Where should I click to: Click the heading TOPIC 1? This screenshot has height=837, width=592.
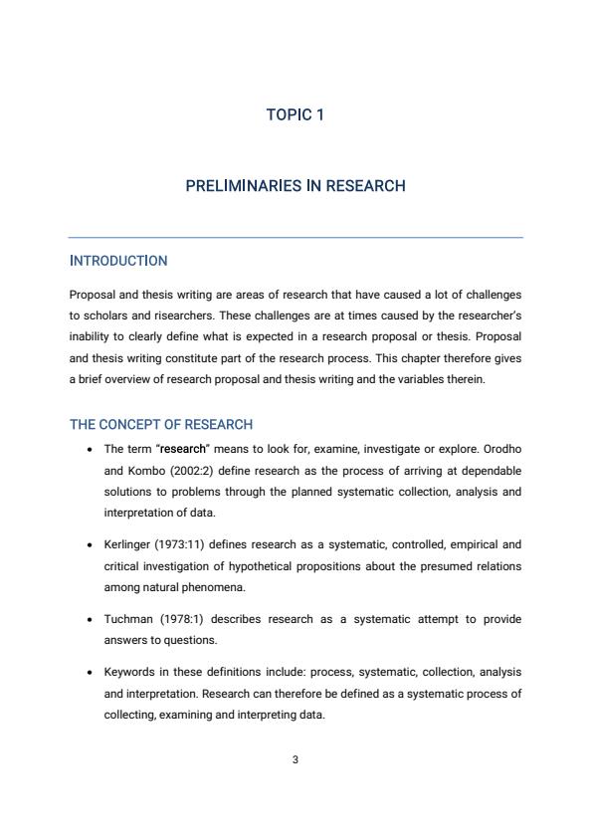(296, 115)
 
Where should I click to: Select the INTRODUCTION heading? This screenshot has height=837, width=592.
(118, 261)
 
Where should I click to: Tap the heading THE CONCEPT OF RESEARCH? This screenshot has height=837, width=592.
(161, 424)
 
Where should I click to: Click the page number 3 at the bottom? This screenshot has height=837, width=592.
(296, 760)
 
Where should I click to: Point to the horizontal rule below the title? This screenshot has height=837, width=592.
(296, 238)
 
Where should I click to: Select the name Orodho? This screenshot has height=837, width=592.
(499, 449)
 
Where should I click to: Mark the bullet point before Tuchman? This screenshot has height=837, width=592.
(91, 620)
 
